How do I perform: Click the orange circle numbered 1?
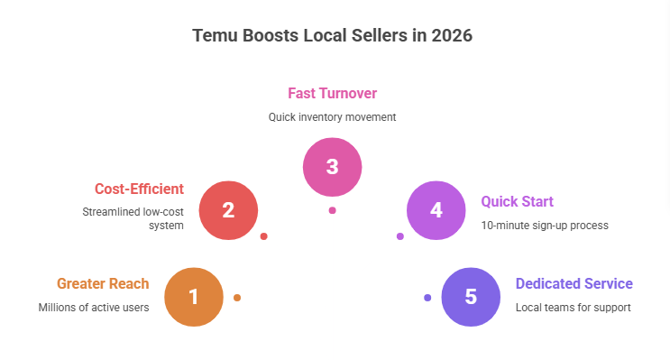194,297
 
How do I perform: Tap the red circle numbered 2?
228,210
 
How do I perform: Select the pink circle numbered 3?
332,166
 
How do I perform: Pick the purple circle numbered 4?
436,210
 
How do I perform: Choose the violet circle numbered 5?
471,297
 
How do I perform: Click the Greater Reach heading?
103,283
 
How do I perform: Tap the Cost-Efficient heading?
139,189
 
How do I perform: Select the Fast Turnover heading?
332,93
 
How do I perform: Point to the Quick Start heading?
517,201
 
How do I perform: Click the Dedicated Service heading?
574,283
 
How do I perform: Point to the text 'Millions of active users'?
94,308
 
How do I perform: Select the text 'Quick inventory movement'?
332,116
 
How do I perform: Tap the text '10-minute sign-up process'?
545,225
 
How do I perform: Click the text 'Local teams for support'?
573,308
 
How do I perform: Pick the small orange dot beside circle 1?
237,297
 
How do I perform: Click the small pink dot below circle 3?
332,210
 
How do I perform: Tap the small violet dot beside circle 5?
427,297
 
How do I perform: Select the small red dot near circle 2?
263,236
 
